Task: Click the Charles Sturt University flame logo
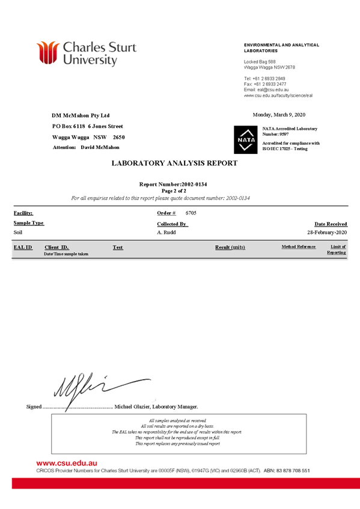[x=47, y=52]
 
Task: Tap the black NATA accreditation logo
[x=246, y=139]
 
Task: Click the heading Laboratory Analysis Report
[x=174, y=163]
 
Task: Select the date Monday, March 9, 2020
[x=279, y=115]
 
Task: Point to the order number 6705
[x=191, y=213]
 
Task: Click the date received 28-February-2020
[x=327, y=233]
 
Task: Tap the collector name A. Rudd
[x=166, y=233]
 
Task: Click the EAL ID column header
[x=23, y=248]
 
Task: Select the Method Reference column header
[x=299, y=247]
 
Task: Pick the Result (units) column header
[x=230, y=248]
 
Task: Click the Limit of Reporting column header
[x=337, y=249]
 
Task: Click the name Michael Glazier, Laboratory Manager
[x=156, y=407]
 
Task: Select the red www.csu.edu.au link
[x=67, y=463]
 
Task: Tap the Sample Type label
[x=29, y=223]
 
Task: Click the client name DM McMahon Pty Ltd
[x=81, y=115]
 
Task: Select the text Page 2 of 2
[x=174, y=191]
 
